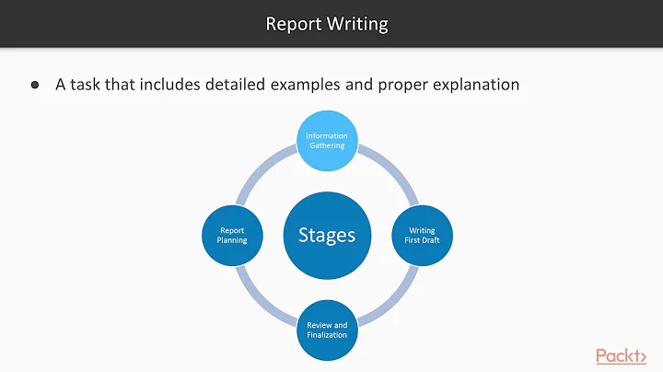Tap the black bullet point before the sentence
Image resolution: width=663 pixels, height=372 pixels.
36,85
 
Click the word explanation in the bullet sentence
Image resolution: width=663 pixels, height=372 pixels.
473,85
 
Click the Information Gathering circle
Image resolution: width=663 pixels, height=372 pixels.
327,141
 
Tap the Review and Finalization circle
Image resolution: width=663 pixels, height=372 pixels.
327,329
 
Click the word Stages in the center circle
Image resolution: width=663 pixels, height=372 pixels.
327,235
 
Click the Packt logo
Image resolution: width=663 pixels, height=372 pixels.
620,355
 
